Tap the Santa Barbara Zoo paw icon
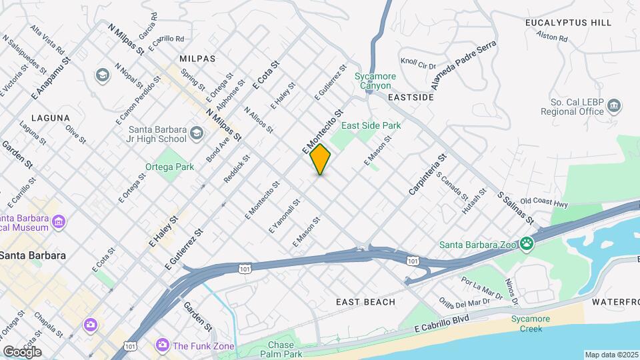coord(527,243)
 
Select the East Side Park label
coord(371,125)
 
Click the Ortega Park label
coord(170,167)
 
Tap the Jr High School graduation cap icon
coord(196,134)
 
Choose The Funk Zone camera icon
coord(161,345)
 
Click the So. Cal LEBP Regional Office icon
coord(615,106)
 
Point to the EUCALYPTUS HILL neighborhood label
coord(568,23)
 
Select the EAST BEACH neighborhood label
coord(365,302)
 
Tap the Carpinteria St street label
coord(427,175)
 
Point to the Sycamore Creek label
coord(531,323)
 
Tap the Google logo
coord(22,351)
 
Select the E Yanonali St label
coord(285,215)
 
